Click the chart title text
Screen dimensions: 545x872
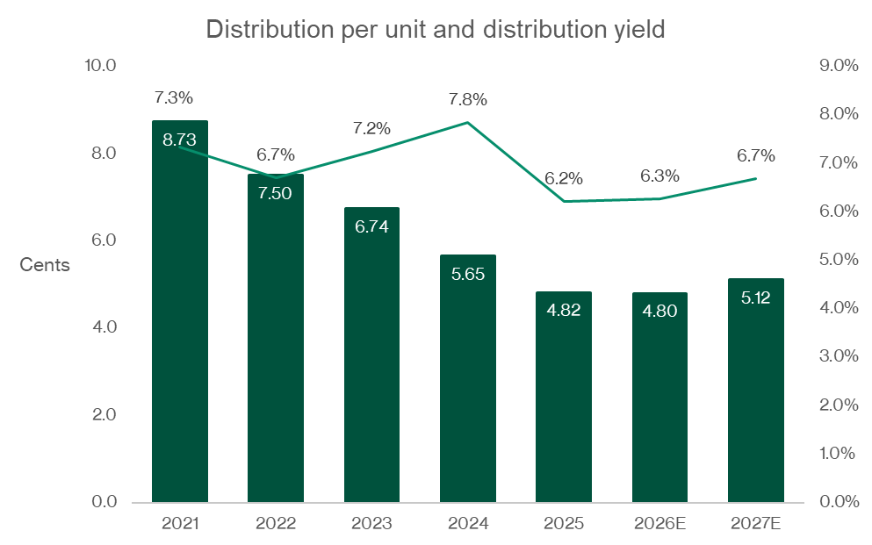pyautogui.click(x=436, y=29)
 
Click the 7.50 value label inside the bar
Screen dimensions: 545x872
pyautogui.click(x=276, y=193)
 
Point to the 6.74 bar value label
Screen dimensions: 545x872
pyautogui.click(x=371, y=226)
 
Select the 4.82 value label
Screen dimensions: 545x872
pyautogui.click(x=564, y=310)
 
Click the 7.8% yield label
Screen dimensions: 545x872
pyautogui.click(x=467, y=99)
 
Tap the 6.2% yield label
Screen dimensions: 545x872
pyautogui.click(x=564, y=178)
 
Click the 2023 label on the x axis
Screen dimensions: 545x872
pyautogui.click(x=371, y=524)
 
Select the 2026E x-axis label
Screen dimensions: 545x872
pyautogui.click(x=659, y=524)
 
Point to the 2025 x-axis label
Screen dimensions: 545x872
pyautogui.click(x=564, y=524)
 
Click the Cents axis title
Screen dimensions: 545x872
pyautogui.click(x=45, y=265)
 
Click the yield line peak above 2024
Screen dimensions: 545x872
pyautogui.click(x=468, y=122)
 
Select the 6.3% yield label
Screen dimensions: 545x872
pyautogui.click(x=659, y=176)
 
